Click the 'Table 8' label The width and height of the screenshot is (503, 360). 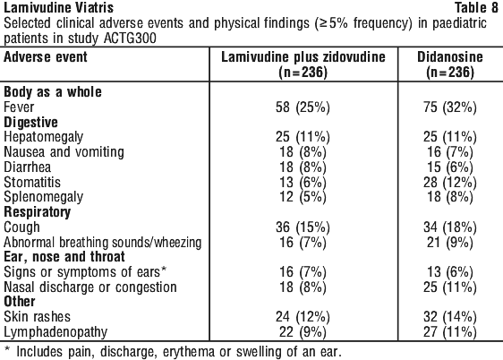coord(476,7)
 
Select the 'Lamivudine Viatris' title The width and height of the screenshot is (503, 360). coord(58,7)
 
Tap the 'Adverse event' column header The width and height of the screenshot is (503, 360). coord(46,56)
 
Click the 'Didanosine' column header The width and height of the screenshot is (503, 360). coord(450,56)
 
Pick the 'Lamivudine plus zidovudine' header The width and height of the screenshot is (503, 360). coord(303,56)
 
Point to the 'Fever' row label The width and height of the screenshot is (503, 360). coord(19,107)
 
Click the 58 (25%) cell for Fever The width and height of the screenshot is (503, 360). coord(303,107)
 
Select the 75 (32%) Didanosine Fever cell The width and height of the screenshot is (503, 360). coord(450,107)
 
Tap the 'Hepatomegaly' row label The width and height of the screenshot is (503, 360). coord(43,137)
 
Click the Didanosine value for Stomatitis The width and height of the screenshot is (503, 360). coord(450,183)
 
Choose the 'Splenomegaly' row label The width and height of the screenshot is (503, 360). coord(43,197)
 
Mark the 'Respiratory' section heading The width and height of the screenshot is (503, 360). coord(37,212)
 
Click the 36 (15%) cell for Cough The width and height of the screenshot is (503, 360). coord(303,227)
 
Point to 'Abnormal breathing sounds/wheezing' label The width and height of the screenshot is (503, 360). coord(103,243)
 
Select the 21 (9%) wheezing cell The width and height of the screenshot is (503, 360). coord(450,243)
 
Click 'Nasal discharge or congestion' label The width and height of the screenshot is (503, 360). coord(90,287)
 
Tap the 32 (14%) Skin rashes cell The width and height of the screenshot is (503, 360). coord(450,317)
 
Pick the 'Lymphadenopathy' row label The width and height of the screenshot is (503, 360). coord(55,332)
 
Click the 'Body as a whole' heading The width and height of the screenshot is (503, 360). coord(53,92)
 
